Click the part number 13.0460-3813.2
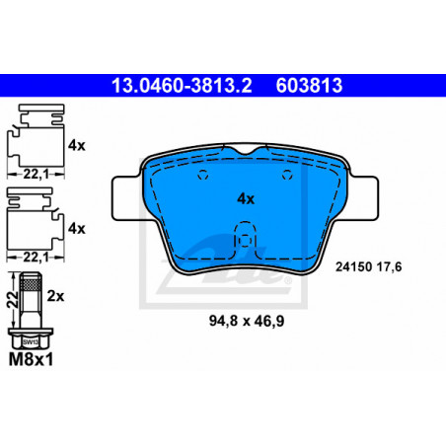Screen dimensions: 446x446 pyautogui.click(x=182, y=85)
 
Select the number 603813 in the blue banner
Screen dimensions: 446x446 pyautogui.click(x=309, y=85)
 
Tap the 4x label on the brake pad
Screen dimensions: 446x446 pyautogui.click(x=246, y=199)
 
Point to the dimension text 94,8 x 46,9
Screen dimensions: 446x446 pyautogui.click(x=247, y=321)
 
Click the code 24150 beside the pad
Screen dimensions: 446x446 pyautogui.click(x=354, y=266)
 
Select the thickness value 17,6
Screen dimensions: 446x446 pyautogui.click(x=389, y=266)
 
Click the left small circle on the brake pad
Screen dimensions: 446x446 pyautogui.click(x=203, y=175)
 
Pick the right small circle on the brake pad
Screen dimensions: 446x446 pyautogui.click(x=287, y=175)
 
